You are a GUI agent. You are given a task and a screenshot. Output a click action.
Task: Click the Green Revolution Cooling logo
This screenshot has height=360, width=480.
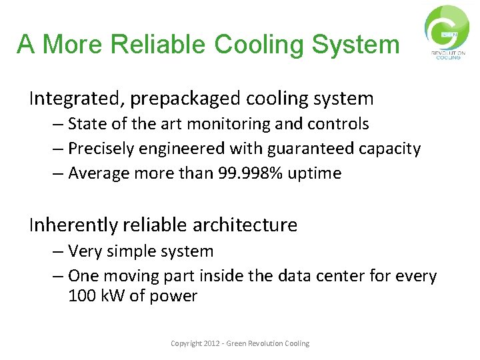[447, 32]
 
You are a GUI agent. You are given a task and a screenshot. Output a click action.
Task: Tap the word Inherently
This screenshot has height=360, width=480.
[73, 225]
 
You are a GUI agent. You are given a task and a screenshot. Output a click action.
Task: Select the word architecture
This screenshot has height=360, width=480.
[245, 225]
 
